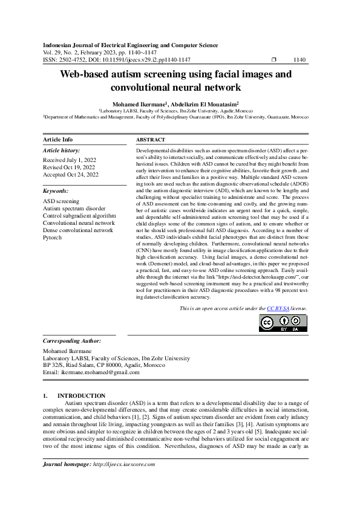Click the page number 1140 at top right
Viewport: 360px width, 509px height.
point(299,60)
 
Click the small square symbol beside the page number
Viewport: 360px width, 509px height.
point(274,60)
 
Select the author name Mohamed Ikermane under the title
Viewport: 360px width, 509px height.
point(139,104)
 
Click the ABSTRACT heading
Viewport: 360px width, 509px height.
point(151,140)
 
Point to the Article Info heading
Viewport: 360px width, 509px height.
point(58,140)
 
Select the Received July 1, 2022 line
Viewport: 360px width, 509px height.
point(70,159)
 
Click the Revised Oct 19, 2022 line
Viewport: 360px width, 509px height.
point(69,166)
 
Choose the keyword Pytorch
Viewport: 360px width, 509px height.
point(53,238)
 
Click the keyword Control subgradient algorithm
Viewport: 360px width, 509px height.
point(79,215)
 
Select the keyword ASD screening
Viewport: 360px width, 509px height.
point(61,200)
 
